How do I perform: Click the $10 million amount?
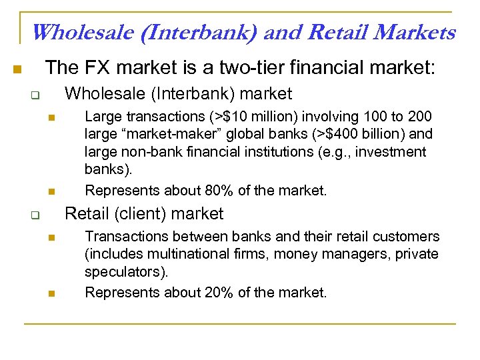point(255,117)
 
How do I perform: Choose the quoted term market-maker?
point(167,134)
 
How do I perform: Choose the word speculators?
point(126,271)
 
